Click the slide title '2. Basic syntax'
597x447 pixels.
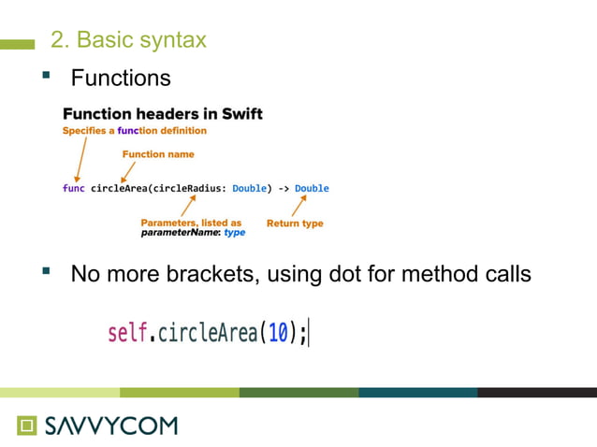[127, 40]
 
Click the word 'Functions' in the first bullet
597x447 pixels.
[121, 78]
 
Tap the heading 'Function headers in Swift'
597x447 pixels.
[162, 114]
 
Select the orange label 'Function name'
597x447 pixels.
[158, 153]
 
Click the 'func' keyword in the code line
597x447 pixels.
[73, 188]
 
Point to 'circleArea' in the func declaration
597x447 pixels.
[118, 188]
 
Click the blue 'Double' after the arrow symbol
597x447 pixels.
[312, 188]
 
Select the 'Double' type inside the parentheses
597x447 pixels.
[249, 188]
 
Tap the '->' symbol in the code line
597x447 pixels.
[284, 188]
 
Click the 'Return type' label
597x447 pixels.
[295, 223]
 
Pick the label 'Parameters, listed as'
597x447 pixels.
[191, 223]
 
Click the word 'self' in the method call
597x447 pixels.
[127, 332]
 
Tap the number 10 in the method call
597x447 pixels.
[278, 332]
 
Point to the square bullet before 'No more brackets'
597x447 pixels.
[44, 272]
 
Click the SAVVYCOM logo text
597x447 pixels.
[110, 425]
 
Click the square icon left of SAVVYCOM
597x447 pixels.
[26, 425]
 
